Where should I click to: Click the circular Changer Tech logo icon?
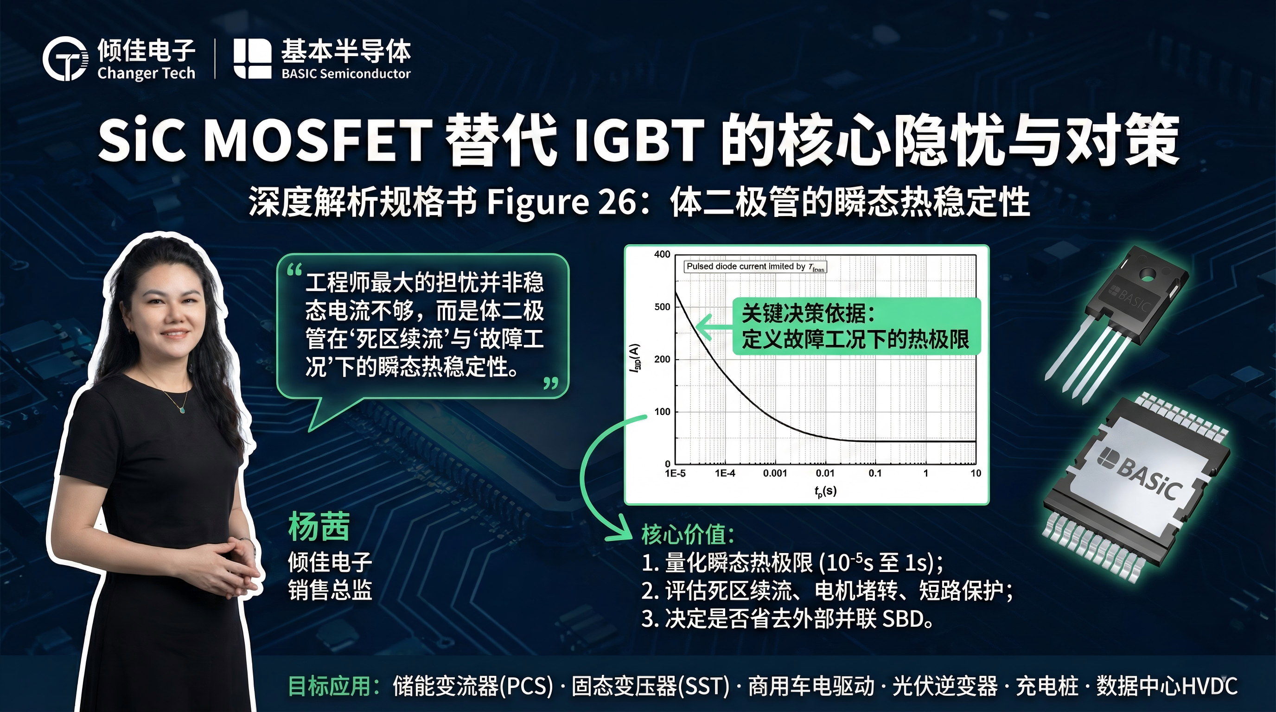coord(65,58)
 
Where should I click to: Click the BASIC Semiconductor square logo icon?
coord(252,58)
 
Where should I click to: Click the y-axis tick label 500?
coord(662,307)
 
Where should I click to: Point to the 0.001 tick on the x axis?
coord(775,473)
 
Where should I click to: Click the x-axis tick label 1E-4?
coord(725,473)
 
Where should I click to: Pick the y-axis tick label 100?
coord(662,412)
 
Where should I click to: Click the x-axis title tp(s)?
coord(825,491)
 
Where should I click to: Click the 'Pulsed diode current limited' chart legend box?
coord(755,267)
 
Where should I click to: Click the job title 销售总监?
coord(330,590)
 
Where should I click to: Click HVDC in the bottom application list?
coord(1209,686)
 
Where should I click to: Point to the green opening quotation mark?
coord(294,270)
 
